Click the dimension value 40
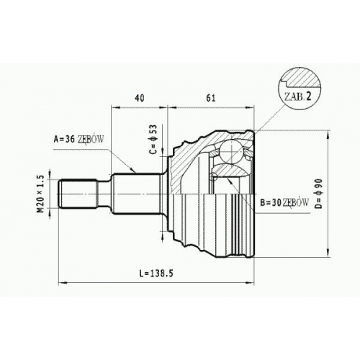[140, 98]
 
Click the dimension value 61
[211, 98]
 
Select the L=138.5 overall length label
[156, 274]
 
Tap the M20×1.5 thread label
[41, 194]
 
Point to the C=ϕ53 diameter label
[153, 140]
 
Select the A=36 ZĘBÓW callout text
[78, 139]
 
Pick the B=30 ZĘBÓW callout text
[284, 203]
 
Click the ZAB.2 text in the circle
[297, 96]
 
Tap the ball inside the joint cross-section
[232, 152]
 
